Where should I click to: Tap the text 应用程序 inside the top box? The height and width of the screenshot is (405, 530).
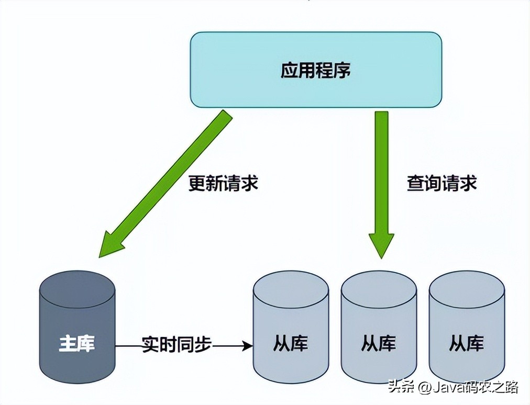[316, 71]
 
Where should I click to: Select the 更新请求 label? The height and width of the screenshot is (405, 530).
[224, 184]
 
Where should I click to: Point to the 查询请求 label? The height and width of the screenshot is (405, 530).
[442, 184]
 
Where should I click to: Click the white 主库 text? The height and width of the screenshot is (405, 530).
[77, 345]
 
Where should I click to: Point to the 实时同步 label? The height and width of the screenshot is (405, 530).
[177, 345]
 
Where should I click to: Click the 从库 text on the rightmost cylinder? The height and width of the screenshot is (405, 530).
[467, 344]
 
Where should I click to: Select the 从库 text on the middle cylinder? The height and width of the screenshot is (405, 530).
[379, 344]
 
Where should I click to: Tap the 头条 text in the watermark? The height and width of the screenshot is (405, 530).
[401, 388]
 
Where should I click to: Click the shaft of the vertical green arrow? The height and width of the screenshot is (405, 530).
[381, 167]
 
